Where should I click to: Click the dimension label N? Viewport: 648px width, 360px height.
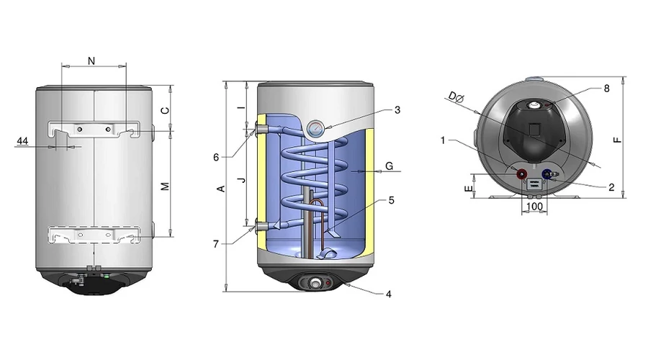pyautogui.click(x=91, y=61)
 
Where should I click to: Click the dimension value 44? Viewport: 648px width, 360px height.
pyautogui.click(x=22, y=141)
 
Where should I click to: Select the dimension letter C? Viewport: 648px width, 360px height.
pyautogui.click(x=165, y=110)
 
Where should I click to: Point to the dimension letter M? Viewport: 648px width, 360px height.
pyautogui.click(x=165, y=186)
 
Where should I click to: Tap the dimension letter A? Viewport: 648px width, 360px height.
pyautogui.click(x=221, y=189)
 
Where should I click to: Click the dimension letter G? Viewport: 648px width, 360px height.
pyautogui.click(x=389, y=166)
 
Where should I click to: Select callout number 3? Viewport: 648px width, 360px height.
pyautogui.click(x=397, y=110)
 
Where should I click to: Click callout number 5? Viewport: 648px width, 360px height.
pyautogui.click(x=392, y=200)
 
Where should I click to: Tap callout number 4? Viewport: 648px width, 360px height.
pyautogui.click(x=389, y=294)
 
